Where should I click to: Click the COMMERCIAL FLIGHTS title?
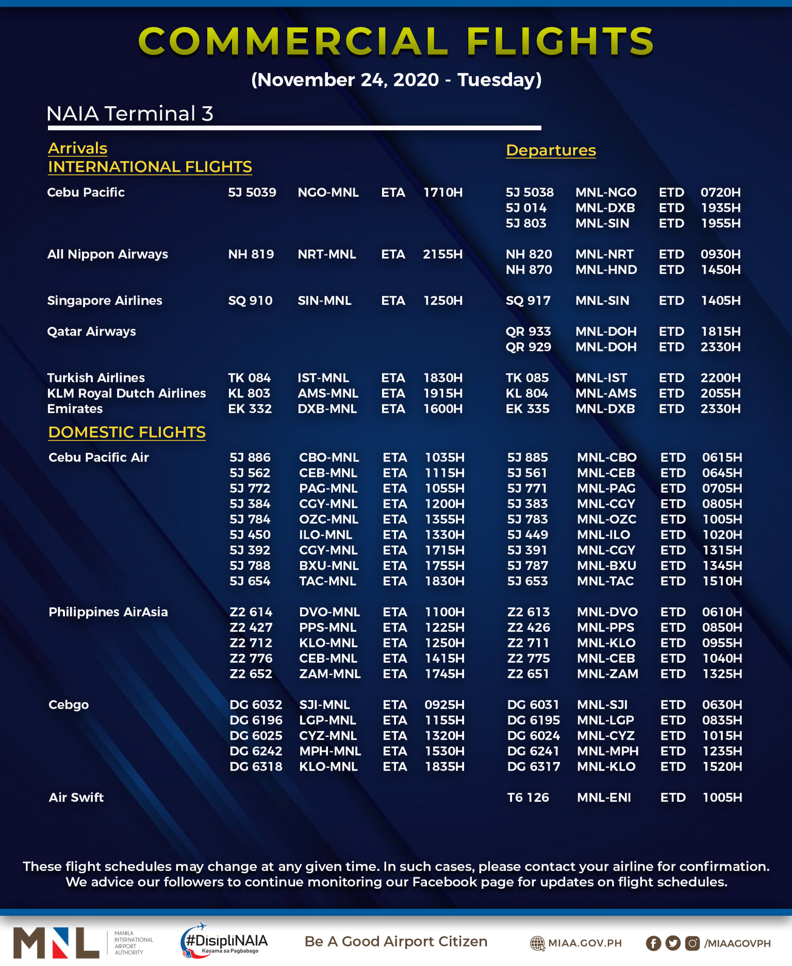[x=396, y=41]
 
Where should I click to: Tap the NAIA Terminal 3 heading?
[x=129, y=114]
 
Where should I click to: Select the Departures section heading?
[x=551, y=150]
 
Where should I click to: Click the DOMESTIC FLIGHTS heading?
[x=127, y=432]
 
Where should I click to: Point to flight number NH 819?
[x=251, y=255]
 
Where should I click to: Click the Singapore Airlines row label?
[x=105, y=301]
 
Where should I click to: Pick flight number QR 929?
[x=528, y=347]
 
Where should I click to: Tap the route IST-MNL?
[x=323, y=378]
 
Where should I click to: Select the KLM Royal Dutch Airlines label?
[x=126, y=394]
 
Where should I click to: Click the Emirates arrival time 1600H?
[x=443, y=409]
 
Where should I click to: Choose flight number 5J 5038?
[x=530, y=193]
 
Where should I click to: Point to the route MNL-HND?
[x=606, y=270]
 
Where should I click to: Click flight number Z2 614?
[x=251, y=612]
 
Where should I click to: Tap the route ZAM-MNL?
[x=330, y=674]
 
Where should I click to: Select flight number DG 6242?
[x=256, y=751]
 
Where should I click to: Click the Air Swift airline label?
[x=76, y=798]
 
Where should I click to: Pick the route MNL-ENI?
[x=604, y=798]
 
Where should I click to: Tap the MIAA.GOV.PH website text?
[x=585, y=943]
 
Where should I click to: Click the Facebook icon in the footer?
[x=653, y=943]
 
